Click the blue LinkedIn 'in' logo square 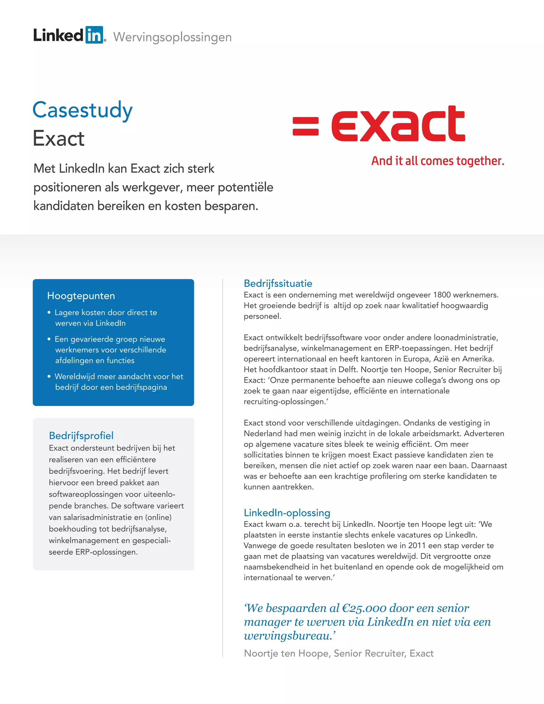click(x=94, y=35)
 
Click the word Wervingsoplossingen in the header click(x=172, y=37)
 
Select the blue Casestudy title click(x=83, y=110)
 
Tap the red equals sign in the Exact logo click(x=305, y=126)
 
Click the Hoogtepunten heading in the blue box click(x=81, y=296)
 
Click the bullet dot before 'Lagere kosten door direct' click(x=49, y=312)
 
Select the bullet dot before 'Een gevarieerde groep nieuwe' click(x=49, y=339)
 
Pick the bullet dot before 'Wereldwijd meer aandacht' click(x=49, y=376)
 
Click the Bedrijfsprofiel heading click(x=81, y=435)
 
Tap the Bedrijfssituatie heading click(x=278, y=283)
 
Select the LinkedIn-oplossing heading click(x=287, y=512)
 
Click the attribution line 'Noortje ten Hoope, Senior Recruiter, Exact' click(x=339, y=654)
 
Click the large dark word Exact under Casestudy click(x=59, y=139)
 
